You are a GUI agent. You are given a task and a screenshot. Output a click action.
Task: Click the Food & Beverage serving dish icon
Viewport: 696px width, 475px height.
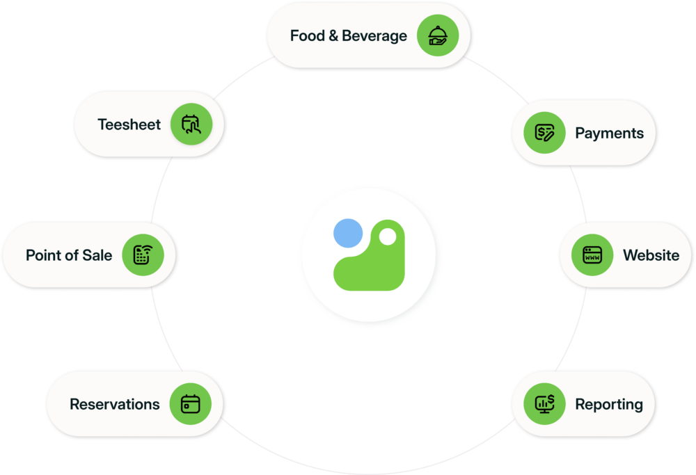pos(438,35)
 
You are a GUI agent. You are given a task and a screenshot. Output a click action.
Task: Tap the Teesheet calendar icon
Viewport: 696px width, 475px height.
pos(191,124)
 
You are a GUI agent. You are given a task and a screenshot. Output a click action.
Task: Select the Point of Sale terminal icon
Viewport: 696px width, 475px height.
pos(143,255)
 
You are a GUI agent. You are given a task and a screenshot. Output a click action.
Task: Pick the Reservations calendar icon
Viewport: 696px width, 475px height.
pos(191,404)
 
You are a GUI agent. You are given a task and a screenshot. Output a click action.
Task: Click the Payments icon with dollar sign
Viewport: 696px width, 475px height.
pos(544,133)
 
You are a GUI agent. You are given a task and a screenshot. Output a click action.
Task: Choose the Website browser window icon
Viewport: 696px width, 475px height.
pos(592,255)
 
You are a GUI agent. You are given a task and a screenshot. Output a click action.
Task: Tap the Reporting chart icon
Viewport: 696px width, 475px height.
pos(544,404)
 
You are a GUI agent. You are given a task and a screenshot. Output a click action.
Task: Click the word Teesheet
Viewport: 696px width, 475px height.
pos(129,125)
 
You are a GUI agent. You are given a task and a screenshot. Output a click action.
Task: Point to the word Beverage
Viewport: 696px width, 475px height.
pos(374,36)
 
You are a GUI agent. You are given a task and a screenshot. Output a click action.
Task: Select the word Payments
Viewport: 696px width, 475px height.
pos(609,134)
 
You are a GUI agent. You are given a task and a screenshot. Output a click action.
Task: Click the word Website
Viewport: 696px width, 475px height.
pos(651,255)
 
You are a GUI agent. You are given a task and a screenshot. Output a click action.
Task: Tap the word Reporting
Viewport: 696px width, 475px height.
pos(608,405)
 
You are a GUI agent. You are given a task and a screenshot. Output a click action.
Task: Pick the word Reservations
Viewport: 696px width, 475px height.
pos(114,405)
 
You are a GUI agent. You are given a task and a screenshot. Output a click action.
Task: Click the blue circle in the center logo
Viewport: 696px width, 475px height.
pos(347,233)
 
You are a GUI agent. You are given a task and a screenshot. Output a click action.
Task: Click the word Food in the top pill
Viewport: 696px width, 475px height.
pos(307,36)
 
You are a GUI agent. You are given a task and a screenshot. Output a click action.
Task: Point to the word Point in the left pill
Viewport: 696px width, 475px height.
pos(44,255)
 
